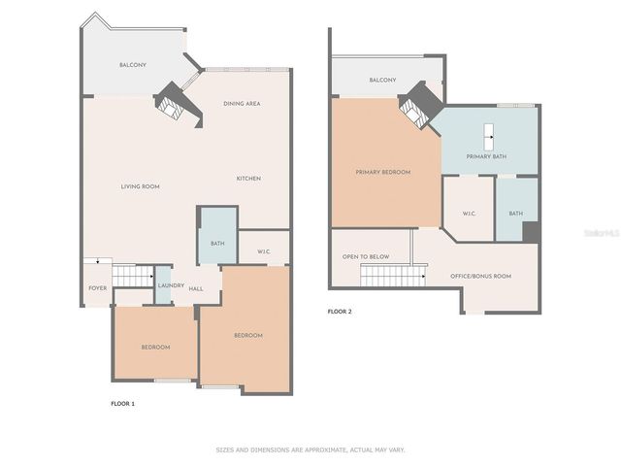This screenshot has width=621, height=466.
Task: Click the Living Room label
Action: click(140, 186)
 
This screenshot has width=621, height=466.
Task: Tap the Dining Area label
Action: click(242, 104)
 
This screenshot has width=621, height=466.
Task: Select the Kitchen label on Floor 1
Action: click(248, 179)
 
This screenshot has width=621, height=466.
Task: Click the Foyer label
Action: click(98, 288)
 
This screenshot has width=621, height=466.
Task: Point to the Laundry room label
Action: click(171, 285)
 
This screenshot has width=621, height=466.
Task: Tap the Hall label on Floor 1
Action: click(196, 289)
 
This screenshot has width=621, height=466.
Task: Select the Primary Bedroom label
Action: click(382, 172)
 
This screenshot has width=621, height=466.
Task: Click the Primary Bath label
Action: click(486, 156)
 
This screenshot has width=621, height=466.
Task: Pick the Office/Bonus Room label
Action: click(480, 277)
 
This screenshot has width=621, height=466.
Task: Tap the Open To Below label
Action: click(366, 257)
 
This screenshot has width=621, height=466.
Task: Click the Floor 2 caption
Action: click(340, 312)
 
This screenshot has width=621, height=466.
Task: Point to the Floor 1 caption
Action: click(122, 402)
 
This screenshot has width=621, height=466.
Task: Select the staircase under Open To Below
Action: click(393, 277)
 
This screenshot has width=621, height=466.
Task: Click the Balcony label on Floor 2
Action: click(382, 81)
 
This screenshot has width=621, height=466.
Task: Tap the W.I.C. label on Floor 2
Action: click(469, 214)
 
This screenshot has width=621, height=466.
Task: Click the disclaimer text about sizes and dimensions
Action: click(310, 450)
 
